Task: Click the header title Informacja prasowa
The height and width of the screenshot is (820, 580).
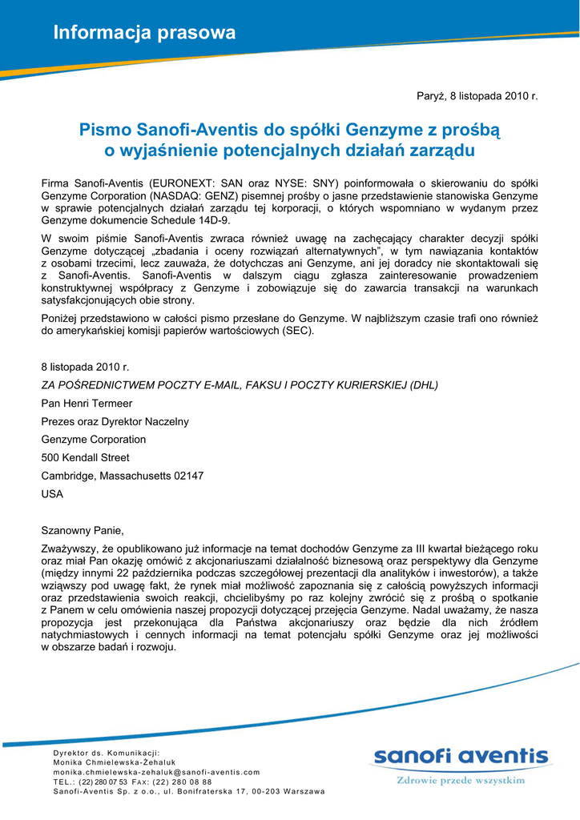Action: coord(144,33)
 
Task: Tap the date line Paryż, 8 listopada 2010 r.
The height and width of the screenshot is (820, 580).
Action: coord(477,96)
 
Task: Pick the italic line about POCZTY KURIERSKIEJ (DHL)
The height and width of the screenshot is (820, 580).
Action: coord(240,384)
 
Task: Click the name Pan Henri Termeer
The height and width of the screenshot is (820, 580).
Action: coord(87,404)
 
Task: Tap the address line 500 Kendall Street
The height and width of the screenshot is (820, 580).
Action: coord(85,457)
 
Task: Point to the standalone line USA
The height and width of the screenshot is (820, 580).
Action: coord(52,494)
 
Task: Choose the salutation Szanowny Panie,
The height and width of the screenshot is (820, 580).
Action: coord(83,530)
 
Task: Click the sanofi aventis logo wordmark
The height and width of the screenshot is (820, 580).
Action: coord(461,757)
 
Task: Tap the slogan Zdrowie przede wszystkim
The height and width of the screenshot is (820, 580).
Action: coord(461,779)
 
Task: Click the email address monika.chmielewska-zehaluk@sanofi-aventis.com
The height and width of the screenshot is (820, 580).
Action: coord(156,772)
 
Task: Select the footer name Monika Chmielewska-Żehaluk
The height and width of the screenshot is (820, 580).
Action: coord(114,762)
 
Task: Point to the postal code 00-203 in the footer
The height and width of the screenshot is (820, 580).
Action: coord(264,791)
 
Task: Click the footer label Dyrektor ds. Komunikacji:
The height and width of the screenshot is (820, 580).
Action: coord(107,753)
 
